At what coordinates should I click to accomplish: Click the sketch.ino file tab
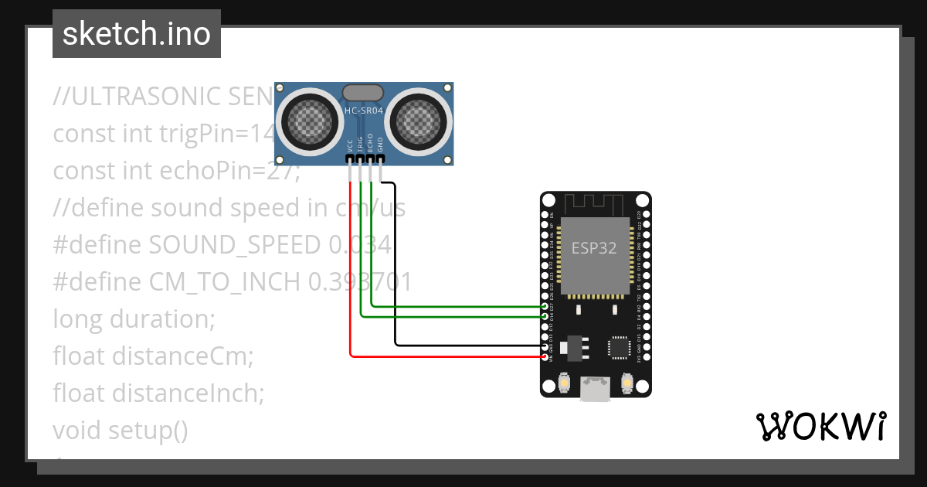point(137,34)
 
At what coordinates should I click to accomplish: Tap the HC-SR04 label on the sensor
point(364,111)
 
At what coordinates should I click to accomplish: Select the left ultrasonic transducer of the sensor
point(308,120)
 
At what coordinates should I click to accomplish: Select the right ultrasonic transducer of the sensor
point(419,120)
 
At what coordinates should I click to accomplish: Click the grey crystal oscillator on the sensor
point(363,92)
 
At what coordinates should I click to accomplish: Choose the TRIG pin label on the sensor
point(361,143)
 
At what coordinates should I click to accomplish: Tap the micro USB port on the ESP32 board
point(595,389)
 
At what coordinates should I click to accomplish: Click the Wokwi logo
point(820,426)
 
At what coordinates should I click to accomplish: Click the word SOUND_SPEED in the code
point(234,245)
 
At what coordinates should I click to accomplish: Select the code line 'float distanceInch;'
point(158,393)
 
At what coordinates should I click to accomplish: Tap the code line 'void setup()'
point(121,430)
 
